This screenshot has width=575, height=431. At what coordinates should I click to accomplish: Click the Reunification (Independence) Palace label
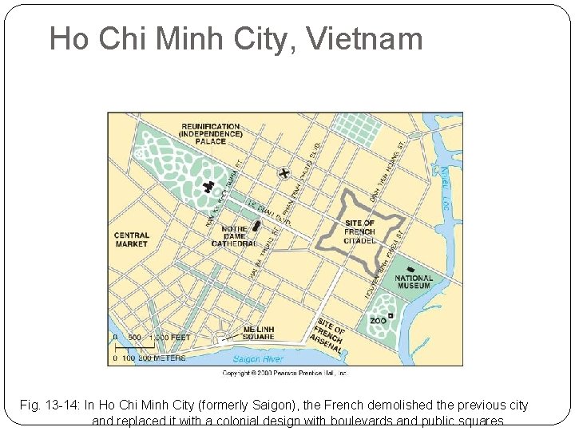pyautogui.click(x=211, y=133)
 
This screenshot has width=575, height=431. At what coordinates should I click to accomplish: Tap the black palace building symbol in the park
pyautogui.click(x=210, y=188)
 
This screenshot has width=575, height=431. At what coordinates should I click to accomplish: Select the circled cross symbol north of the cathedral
pyautogui.click(x=284, y=172)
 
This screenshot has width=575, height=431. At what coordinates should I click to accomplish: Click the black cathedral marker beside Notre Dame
pyautogui.click(x=256, y=226)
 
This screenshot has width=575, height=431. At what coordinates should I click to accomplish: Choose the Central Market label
pyautogui.click(x=132, y=239)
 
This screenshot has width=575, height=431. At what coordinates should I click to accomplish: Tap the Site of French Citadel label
pyautogui.click(x=359, y=232)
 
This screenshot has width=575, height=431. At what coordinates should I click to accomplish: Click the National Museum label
pyautogui.click(x=413, y=283)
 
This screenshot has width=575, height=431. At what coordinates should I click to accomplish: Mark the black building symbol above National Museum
pyautogui.click(x=410, y=269)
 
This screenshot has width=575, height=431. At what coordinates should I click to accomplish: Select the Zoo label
pyautogui.click(x=378, y=321)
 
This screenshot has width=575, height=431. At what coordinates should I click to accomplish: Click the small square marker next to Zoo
pyautogui.click(x=391, y=317)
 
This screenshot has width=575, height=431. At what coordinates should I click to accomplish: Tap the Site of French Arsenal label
pyautogui.click(x=329, y=335)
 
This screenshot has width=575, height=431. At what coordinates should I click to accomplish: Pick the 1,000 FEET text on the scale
pyautogui.click(x=169, y=338)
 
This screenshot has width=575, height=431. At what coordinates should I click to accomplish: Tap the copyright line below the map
pyautogui.click(x=285, y=372)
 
